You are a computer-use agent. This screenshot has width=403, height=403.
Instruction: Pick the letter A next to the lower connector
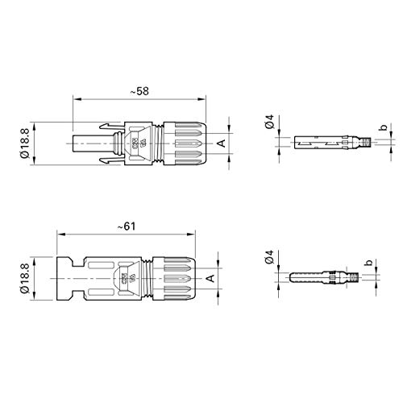click(210, 278)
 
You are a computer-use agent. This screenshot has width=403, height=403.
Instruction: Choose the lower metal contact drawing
click(323, 276)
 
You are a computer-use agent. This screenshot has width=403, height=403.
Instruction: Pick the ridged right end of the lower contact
click(351, 276)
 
